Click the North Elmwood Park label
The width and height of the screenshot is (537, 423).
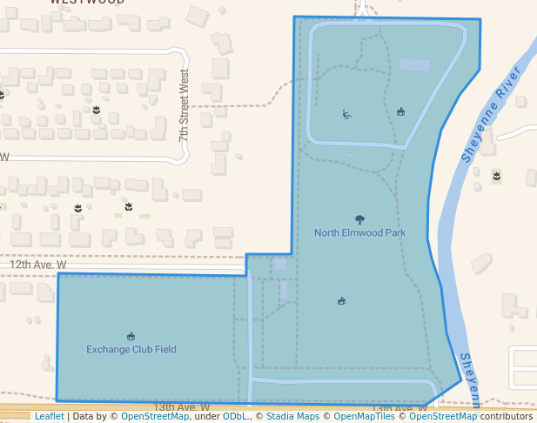click(x=359, y=233)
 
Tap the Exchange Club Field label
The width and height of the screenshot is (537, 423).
click(x=131, y=350)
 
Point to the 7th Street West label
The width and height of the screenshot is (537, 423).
click(x=184, y=107)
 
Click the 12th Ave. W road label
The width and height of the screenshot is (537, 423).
click(x=38, y=265)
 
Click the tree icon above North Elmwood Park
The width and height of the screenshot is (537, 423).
click(x=359, y=220)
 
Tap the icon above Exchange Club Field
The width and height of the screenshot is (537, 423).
click(x=131, y=337)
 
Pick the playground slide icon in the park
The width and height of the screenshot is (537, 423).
click(x=346, y=114)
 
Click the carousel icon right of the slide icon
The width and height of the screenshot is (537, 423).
click(x=400, y=111)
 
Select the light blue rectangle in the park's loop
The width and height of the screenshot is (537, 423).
click(x=414, y=65)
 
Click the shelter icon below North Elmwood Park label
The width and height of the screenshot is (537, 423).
click(x=341, y=302)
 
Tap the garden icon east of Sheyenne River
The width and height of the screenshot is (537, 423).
click(x=496, y=177)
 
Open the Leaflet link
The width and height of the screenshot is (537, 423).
click(x=49, y=417)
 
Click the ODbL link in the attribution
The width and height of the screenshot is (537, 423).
click(x=235, y=417)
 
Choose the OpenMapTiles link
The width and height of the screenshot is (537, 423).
click(x=359, y=417)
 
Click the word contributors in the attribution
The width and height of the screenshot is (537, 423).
click(x=507, y=417)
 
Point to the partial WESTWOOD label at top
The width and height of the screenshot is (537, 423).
click(x=86, y=3)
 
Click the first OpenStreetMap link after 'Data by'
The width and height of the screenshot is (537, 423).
click(x=155, y=417)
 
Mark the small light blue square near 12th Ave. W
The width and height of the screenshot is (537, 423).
click(x=279, y=264)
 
